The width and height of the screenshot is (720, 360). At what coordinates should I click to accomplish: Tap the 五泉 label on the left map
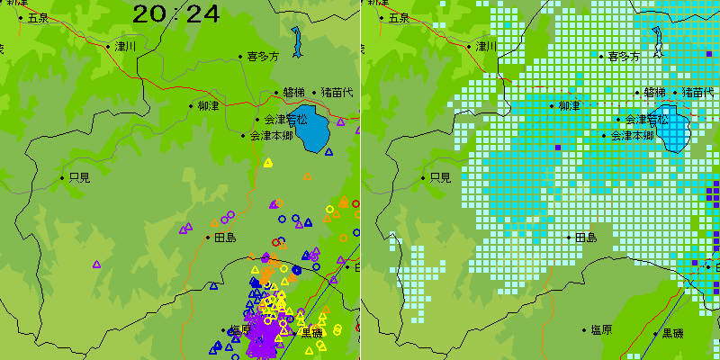pyautogui.click(x=38, y=17)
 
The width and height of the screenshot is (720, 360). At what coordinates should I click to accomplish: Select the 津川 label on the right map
pyautogui.click(x=486, y=46)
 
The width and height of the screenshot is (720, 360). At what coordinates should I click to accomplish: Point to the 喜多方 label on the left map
pyautogui.click(x=263, y=56)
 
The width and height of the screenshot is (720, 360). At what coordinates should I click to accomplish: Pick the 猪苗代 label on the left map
pyautogui.click(x=337, y=92)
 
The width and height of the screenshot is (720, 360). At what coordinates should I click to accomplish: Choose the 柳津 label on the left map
pyautogui.click(x=208, y=105)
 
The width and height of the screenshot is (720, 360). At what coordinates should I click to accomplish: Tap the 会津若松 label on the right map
pyautogui.click(x=646, y=119)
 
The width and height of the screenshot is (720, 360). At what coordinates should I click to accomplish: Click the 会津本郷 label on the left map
pyautogui.click(x=271, y=136)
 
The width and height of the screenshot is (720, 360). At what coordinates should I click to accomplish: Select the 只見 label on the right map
pyautogui.click(x=440, y=177)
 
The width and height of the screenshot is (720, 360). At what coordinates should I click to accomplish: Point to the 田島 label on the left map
pyautogui.click(x=225, y=238)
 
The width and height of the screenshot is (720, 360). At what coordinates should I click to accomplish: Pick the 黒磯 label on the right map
pyautogui.click(x=672, y=333)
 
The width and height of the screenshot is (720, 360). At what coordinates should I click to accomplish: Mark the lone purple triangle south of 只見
pyautogui.click(x=96, y=265)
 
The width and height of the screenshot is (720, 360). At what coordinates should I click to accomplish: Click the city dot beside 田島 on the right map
pyautogui.click(x=569, y=238)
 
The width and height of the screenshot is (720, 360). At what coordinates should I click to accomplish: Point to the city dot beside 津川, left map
pyautogui.click(x=108, y=46)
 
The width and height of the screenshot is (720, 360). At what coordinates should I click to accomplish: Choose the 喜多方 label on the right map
pyautogui.click(x=623, y=56)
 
